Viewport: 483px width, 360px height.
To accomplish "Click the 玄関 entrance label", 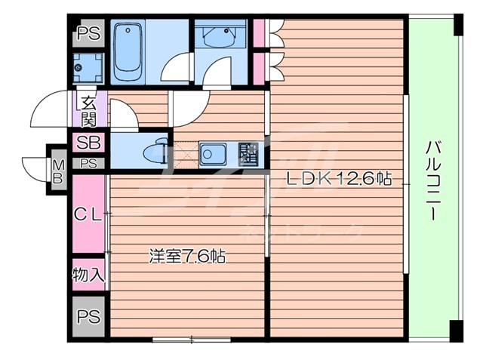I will pos(88,110).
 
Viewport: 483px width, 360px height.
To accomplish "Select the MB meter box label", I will pos(58,171).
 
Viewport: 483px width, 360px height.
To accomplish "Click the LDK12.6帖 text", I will pos(338,179).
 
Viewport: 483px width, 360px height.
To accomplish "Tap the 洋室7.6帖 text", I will pos(187,256).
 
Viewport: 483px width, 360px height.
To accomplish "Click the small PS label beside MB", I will pos(88,163).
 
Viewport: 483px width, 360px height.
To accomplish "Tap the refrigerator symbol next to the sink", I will pos(247,153).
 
